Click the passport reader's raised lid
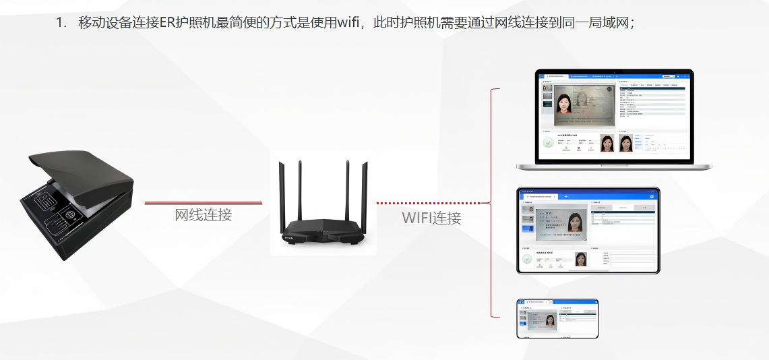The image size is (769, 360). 81,169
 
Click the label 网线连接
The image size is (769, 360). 204,215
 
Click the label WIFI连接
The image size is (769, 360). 431,218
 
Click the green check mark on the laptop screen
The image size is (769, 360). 549,143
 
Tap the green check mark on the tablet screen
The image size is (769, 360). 527,259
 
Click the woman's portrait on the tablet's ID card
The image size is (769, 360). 575,222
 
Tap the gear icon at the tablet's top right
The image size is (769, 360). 651,196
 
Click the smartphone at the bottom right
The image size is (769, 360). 557,318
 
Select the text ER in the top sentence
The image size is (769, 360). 167,22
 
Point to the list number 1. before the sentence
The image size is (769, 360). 62,22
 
